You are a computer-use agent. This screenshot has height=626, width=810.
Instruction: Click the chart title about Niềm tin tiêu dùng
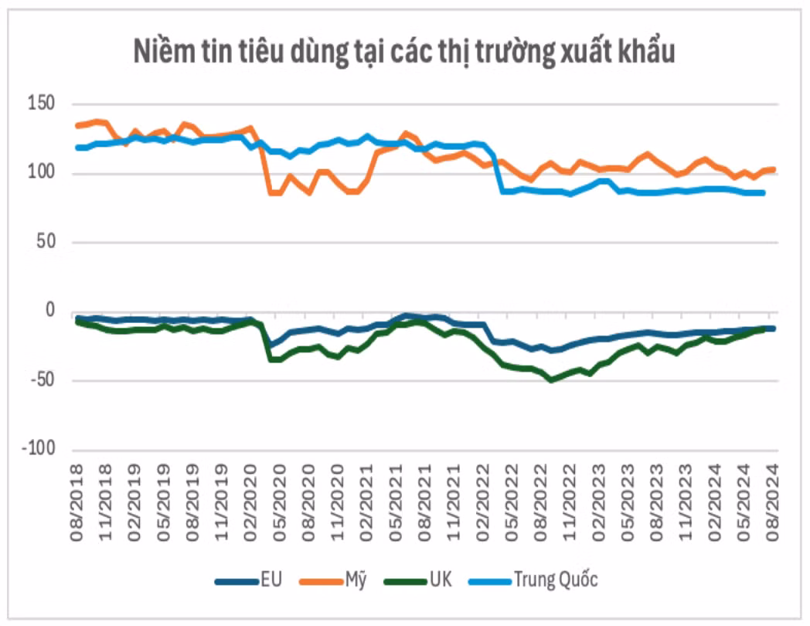(x=404, y=52)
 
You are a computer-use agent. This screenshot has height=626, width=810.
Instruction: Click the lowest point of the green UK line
(x=550, y=380)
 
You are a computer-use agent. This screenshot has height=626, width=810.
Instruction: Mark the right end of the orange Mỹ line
(x=774, y=169)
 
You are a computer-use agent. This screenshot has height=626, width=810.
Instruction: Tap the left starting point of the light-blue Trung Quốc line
(x=77, y=148)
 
